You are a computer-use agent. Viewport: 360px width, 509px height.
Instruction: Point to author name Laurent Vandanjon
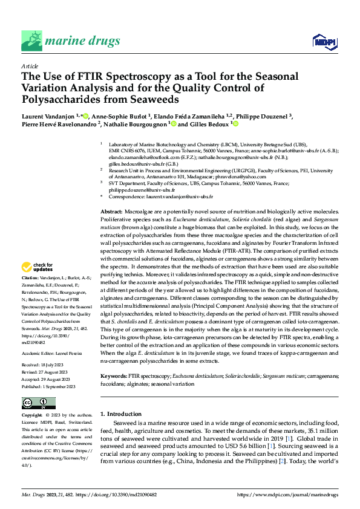pyautogui.click(x=49, y=115)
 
